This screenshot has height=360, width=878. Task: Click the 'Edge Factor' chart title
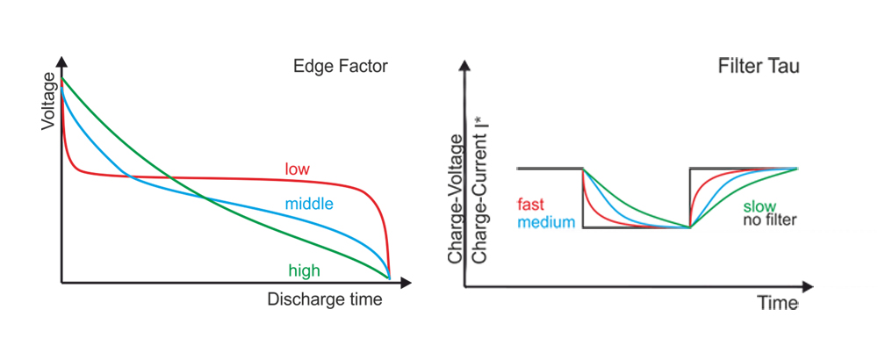pyautogui.click(x=340, y=67)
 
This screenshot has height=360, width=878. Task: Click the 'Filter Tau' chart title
pyautogui.click(x=759, y=67)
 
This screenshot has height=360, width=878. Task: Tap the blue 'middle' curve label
pyautogui.click(x=309, y=205)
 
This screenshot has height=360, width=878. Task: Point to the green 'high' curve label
pyautogui.click(x=304, y=270)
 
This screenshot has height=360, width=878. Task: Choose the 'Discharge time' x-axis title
pyautogui.click(x=325, y=300)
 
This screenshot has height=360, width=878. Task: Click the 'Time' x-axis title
pyautogui.click(x=779, y=303)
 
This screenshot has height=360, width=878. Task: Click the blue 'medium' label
pyautogui.click(x=546, y=221)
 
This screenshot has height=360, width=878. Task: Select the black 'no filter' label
pyautogui.click(x=769, y=220)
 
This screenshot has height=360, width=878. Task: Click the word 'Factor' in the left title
pyautogui.click(x=362, y=67)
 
